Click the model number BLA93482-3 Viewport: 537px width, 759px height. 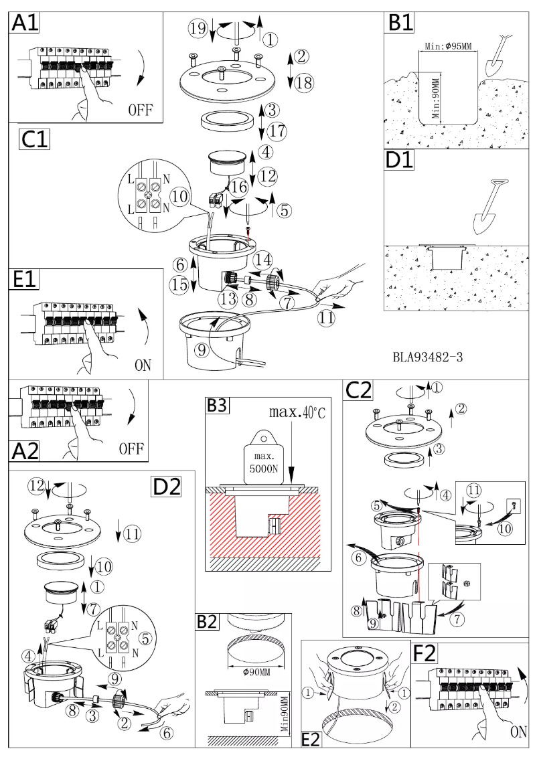(x=427, y=357)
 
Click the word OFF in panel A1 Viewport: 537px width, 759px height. (x=141, y=109)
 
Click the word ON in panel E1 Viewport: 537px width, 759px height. (x=142, y=365)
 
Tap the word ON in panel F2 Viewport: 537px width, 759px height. (x=518, y=732)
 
